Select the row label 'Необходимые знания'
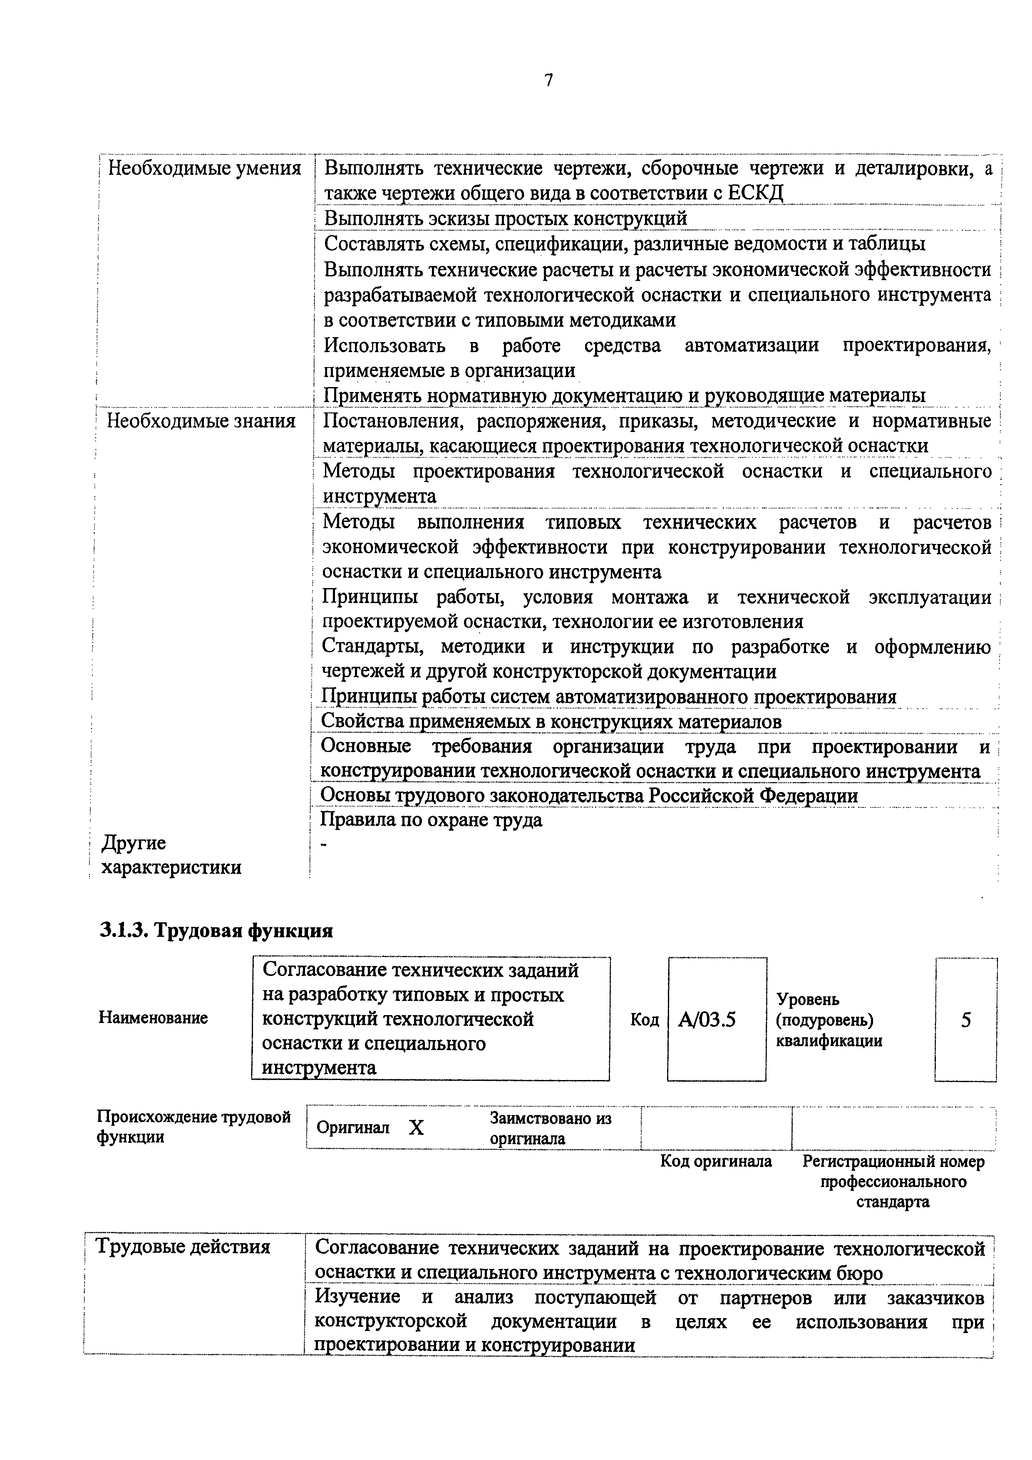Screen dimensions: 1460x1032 tap(201, 421)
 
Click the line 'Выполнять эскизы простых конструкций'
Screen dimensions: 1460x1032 tap(506, 219)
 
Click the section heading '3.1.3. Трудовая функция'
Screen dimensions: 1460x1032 tap(216, 931)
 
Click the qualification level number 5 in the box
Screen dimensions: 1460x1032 tap(966, 1020)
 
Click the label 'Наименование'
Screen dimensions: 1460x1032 tap(153, 1018)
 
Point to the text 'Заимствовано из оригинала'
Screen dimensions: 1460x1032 tap(550, 1128)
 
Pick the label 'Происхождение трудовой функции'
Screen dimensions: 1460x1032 tap(193, 1127)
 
